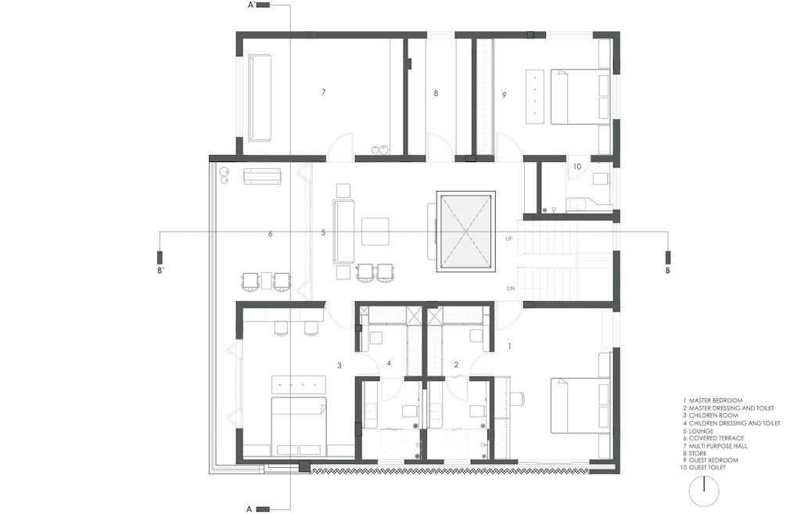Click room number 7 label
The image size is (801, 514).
click(x=323, y=93)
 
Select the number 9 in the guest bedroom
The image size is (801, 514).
click(x=505, y=95)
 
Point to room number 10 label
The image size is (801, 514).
click(x=577, y=167)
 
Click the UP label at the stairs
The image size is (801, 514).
click(x=510, y=238)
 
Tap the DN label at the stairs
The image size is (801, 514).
click(x=510, y=289)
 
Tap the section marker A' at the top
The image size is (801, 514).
click(x=257, y=5)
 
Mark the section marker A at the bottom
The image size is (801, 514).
click(x=257, y=509)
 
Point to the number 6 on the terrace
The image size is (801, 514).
click(x=270, y=234)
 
